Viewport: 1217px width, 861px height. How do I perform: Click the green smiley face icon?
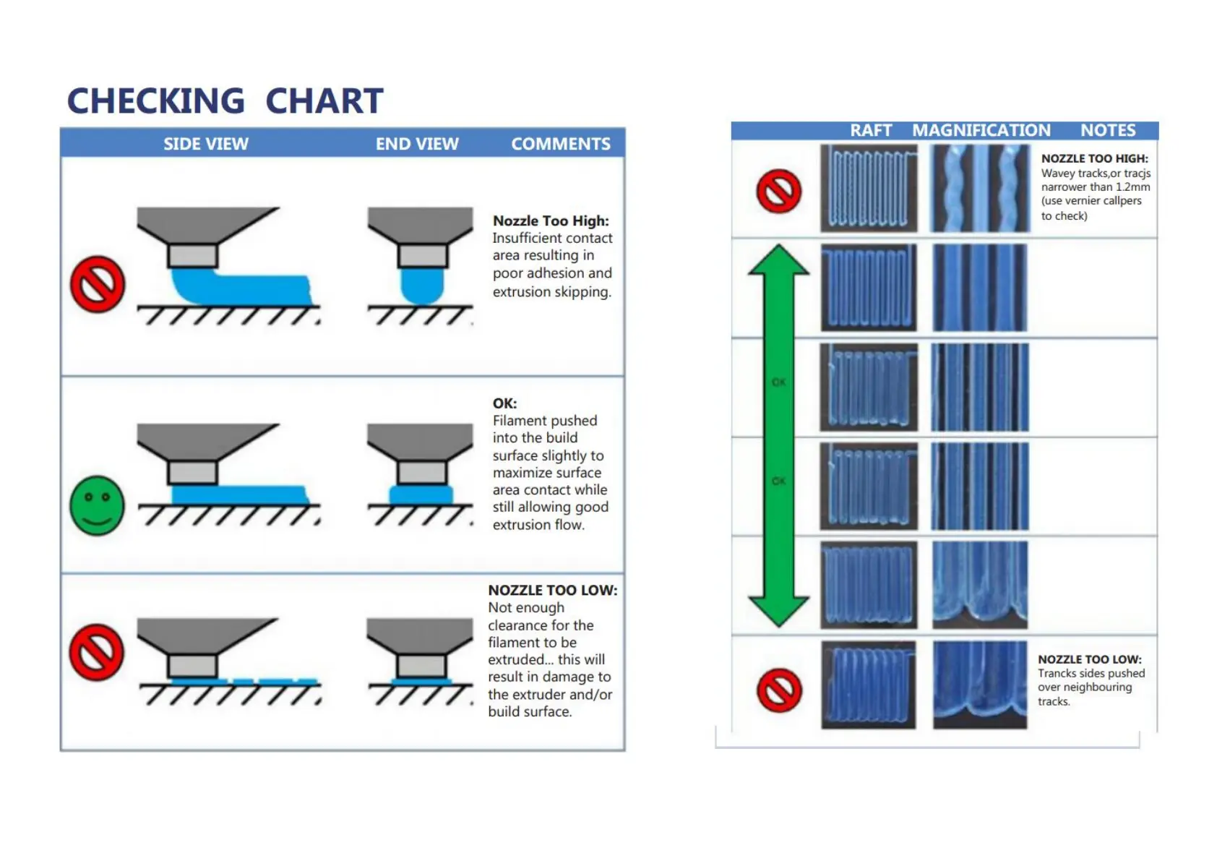(x=98, y=505)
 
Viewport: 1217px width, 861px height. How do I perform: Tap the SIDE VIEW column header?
(x=206, y=143)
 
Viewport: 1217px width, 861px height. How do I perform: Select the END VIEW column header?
(x=417, y=143)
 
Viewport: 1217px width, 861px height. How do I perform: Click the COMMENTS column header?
(x=561, y=143)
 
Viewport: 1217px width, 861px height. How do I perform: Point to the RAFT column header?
(x=871, y=130)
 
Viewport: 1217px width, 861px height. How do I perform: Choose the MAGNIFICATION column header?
(x=981, y=130)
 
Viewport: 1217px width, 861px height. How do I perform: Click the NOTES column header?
(x=1108, y=130)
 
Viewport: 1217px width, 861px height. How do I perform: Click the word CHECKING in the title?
(x=156, y=100)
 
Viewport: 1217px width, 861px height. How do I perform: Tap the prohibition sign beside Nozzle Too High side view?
(x=98, y=284)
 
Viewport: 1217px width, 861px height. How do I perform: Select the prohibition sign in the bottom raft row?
(x=779, y=690)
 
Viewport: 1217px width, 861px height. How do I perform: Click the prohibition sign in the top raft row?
(x=779, y=191)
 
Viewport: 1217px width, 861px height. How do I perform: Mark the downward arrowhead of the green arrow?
(x=779, y=612)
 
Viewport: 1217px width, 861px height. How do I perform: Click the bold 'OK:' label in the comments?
(x=504, y=403)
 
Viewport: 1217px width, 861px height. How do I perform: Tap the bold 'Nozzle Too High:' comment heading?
(x=551, y=220)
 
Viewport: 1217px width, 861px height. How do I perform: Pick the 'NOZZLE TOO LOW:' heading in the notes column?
(x=1090, y=659)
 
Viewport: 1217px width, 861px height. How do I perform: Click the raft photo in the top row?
(x=869, y=188)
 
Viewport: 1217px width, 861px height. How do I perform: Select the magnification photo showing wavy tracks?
(x=981, y=188)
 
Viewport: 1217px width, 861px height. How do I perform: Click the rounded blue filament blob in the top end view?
(x=421, y=286)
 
